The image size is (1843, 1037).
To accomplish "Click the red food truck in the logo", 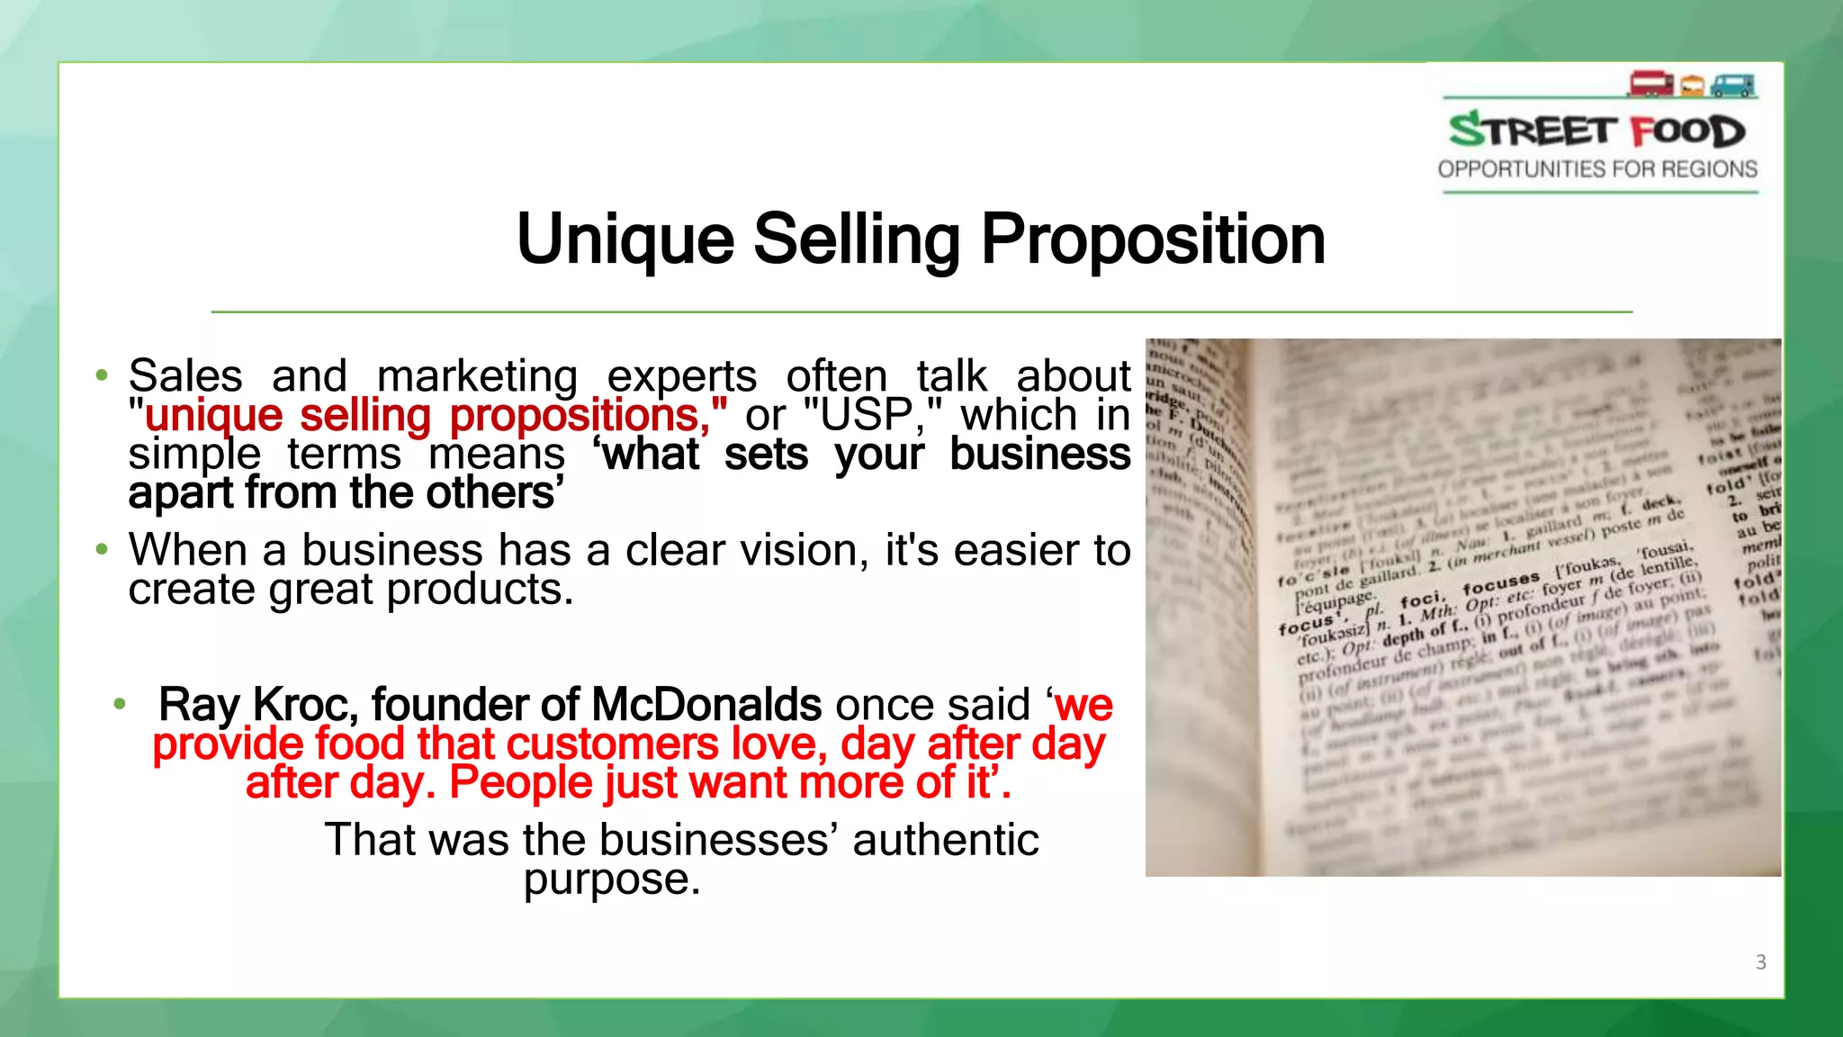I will (1650, 84).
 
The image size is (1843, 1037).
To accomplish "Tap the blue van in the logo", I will (1733, 86).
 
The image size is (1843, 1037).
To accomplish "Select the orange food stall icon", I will (1693, 86).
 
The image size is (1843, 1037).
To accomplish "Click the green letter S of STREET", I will (1467, 130).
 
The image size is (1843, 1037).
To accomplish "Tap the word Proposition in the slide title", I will (1153, 240).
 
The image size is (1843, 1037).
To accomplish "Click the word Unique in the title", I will (625, 240).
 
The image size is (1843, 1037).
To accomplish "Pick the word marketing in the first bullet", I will (477, 376).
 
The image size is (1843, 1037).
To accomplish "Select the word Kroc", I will (305, 705).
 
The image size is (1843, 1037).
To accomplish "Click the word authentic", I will (946, 840).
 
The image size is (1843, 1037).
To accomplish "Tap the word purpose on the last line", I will (611, 879).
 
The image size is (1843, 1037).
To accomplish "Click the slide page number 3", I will (1760, 962).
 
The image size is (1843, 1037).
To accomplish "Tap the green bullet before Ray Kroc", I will (120, 704).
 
